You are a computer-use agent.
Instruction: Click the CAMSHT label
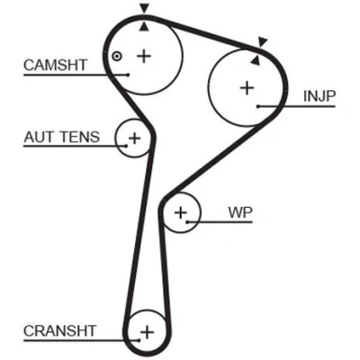[x=55, y=65]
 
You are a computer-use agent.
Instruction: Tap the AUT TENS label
[x=61, y=137]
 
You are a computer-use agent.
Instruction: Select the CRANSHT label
[x=59, y=331]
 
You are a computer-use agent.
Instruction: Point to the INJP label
[x=319, y=96]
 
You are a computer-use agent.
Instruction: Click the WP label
[x=240, y=212]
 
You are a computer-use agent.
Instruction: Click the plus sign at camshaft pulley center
[x=144, y=56]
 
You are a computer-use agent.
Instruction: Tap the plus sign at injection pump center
[x=247, y=88]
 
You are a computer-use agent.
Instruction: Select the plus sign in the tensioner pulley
[x=134, y=139]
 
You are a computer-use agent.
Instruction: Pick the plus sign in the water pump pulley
[x=181, y=212]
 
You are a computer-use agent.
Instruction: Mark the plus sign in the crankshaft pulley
[x=147, y=332]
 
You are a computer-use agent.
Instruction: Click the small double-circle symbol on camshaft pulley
[x=117, y=56]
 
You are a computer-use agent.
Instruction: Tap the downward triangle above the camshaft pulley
[x=145, y=8]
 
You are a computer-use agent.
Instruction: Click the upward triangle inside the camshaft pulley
[x=144, y=27]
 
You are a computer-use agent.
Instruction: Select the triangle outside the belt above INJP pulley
[x=263, y=41]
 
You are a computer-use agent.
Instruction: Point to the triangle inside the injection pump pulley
[x=255, y=60]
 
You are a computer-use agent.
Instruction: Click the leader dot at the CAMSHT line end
[x=128, y=75]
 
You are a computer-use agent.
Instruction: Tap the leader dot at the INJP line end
[x=258, y=106]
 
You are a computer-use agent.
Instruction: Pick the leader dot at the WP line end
[x=187, y=222]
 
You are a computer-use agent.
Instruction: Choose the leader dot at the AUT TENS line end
[x=126, y=146]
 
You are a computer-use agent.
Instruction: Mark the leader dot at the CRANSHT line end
[x=139, y=340]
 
